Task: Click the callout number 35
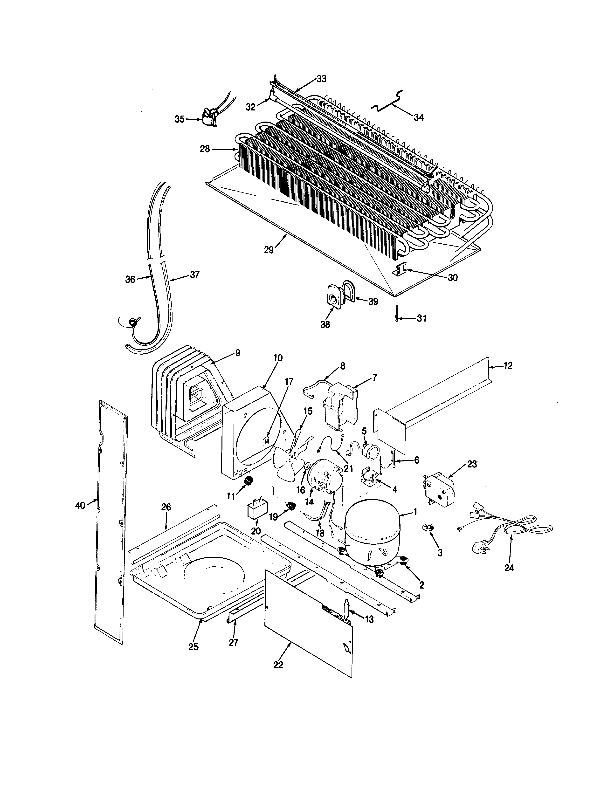pyautogui.click(x=180, y=119)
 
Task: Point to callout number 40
pyautogui.click(x=80, y=505)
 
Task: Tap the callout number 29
pyautogui.click(x=269, y=250)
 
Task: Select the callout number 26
pyautogui.click(x=166, y=507)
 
